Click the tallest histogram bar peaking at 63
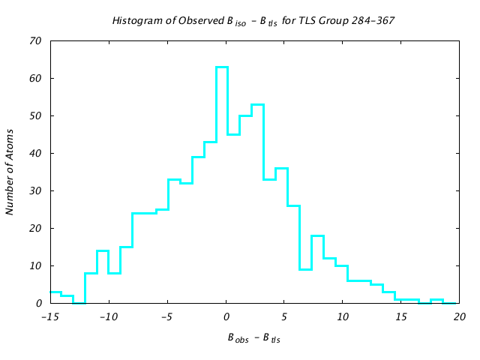pyautogui.click(x=222, y=67)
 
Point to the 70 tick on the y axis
pyautogui.click(x=35, y=40)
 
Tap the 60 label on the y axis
pyautogui.click(x=35, y=78)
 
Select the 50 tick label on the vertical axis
pyautogui.click(x=35, y=115)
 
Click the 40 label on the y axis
pyautogui.click(x=35, y=153)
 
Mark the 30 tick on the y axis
pyautogui.click(x=35, y=190)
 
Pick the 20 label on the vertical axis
pyautogui.click(x=35, y=228)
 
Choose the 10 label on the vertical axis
pyautogui.click(x=35, y=265)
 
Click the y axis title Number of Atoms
pyautogui.click(x=10, y=172)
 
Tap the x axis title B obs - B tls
pyautogui.click(x=254, y=338)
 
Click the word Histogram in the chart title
pyautogui.click(x=135, y=20)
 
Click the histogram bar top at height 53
pyautogui.click(x=257, y=104)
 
